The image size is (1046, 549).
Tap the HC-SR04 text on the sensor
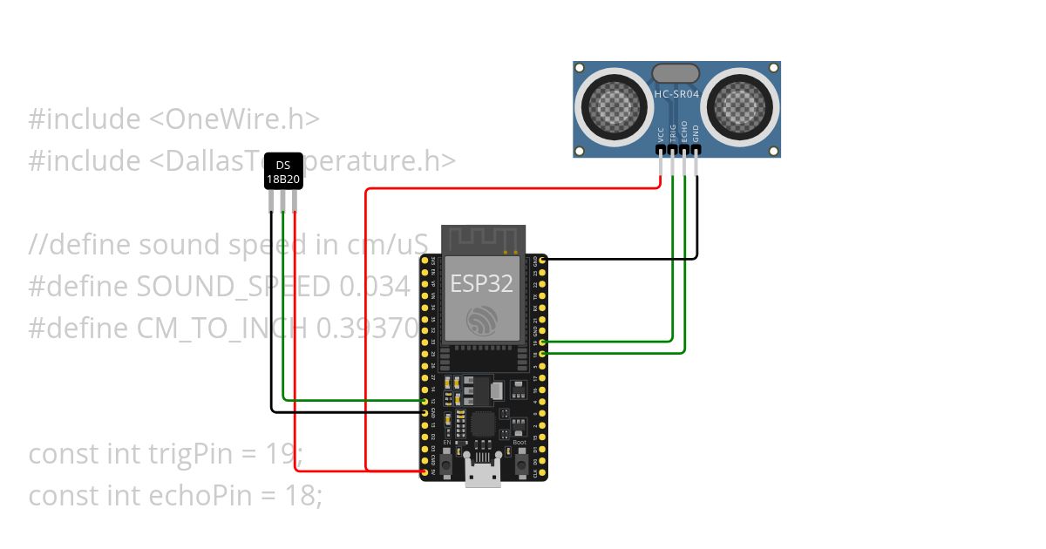pyautogui.click(x=676, y=91)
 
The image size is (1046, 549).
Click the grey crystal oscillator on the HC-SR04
pyautogui.click(x=676, y=72)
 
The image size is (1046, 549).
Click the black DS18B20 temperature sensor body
pyautogui.click(x=283, y=171)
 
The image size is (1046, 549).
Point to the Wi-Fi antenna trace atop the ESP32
pyautogui.click(x=483, y=238)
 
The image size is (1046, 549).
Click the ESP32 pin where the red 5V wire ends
pyautogui.click(x=425, y=471)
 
